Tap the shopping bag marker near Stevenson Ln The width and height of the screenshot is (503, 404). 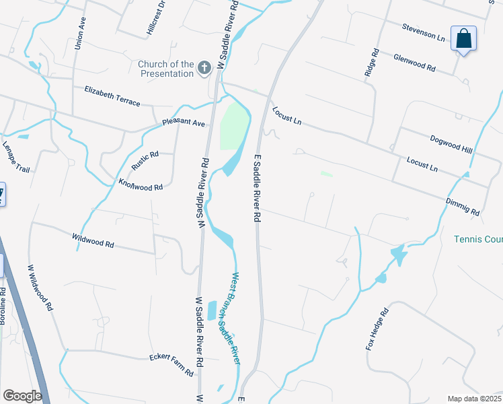464,38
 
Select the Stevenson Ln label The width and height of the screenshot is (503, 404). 424,33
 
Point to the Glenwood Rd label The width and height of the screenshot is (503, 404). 415,64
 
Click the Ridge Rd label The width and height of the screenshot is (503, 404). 371,63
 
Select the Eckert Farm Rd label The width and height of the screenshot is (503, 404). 171,362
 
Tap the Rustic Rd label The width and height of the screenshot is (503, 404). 145,161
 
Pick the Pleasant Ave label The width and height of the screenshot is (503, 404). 183,124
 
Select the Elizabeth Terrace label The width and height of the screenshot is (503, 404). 112,96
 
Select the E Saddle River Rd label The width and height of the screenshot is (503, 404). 256,187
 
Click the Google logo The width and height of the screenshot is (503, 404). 22,396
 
